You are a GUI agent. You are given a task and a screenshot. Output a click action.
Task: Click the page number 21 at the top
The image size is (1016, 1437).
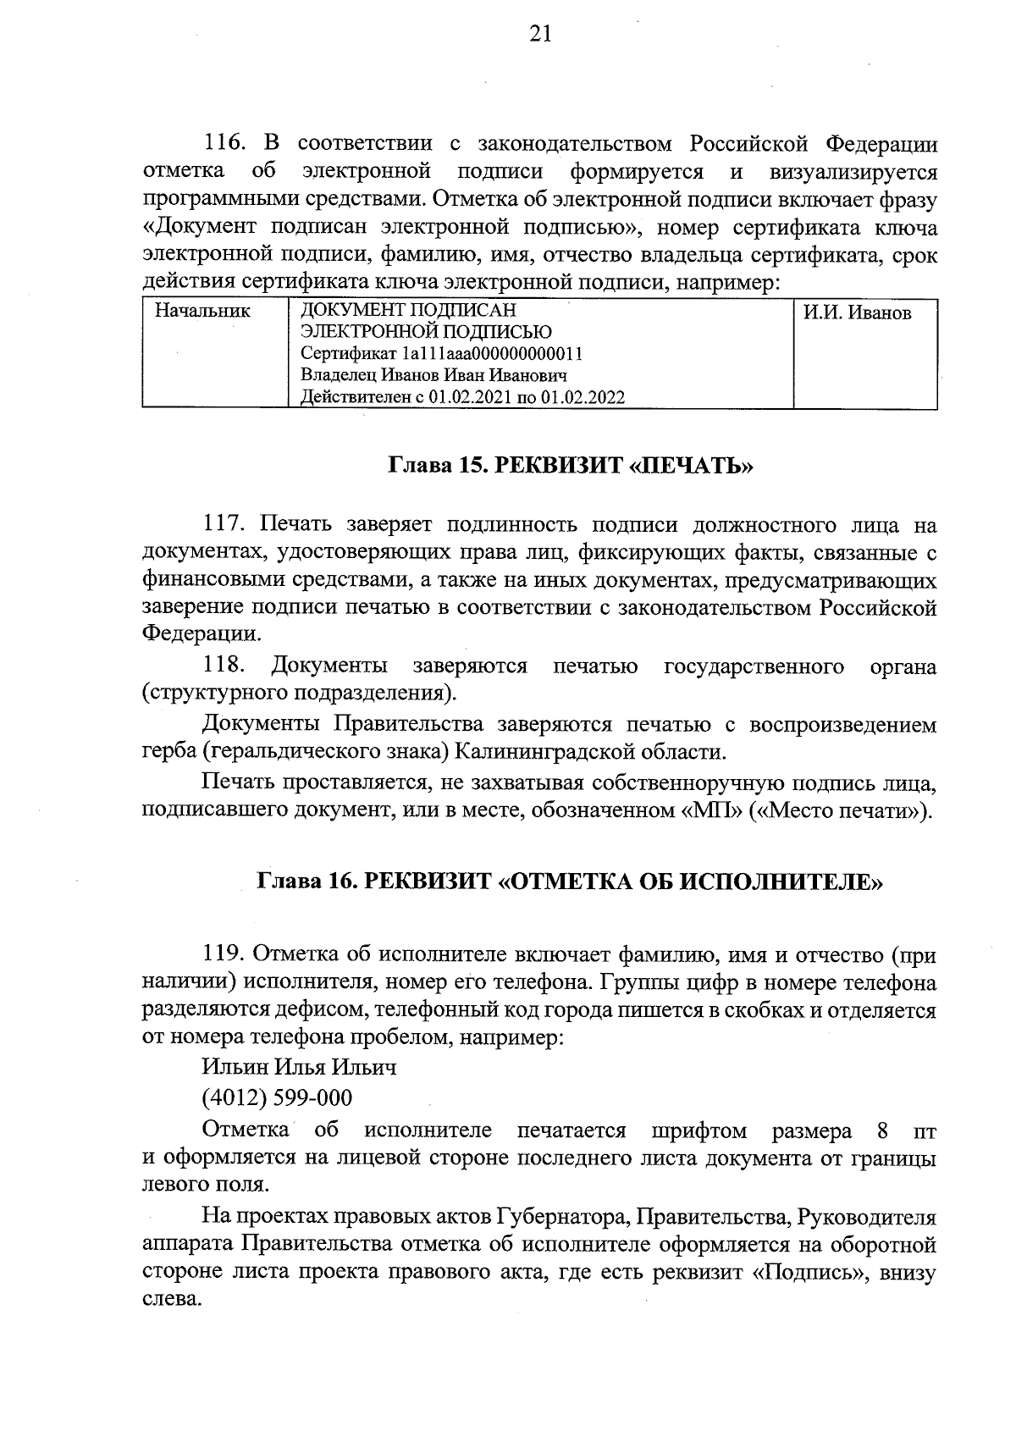tap(540, 34)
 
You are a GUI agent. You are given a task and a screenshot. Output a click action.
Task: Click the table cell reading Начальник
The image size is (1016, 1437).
tap(202, 311)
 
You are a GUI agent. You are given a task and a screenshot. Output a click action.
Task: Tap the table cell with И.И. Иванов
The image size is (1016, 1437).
tap(857, 313)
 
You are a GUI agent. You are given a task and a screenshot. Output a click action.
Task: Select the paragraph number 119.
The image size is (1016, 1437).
tap(225, 956)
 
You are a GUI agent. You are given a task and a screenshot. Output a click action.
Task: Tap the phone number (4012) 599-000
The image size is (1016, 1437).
tap(277, 1099)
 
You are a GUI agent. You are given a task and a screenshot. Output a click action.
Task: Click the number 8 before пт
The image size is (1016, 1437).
tap(883, 1131)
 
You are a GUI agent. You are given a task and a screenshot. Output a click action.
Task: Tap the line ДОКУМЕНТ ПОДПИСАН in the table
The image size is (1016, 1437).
tap(408, 311)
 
